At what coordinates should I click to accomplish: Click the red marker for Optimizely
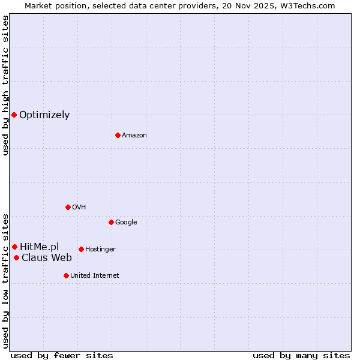tap(14, 115)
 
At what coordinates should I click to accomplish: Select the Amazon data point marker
tap(118, 135)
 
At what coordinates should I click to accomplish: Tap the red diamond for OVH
tap(68, 207)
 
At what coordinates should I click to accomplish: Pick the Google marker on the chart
tap(111, 222)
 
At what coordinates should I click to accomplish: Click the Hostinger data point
tap(81, 249)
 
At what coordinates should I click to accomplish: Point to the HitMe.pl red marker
tap(14, 247)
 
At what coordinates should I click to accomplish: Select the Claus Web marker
tap(16, 258)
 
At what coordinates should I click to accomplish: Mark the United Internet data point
tap(66, 275)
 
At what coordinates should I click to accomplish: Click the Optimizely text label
tap(44, 115)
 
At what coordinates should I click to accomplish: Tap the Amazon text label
tap(134, 136)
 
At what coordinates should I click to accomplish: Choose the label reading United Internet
tap(95, 276)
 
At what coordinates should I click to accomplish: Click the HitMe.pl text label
tap(40, 247)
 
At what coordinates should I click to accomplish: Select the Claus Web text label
tap(47, 258)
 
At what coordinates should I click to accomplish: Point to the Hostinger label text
tap(100, 250)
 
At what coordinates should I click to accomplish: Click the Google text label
tap(126, 223)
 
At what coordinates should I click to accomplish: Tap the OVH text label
tap(79, 208)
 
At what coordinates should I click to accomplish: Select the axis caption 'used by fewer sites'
tap(62, 355)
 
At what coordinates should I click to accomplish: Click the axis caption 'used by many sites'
tap(301, 355)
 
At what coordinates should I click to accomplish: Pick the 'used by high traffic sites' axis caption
tap(5, 85)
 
